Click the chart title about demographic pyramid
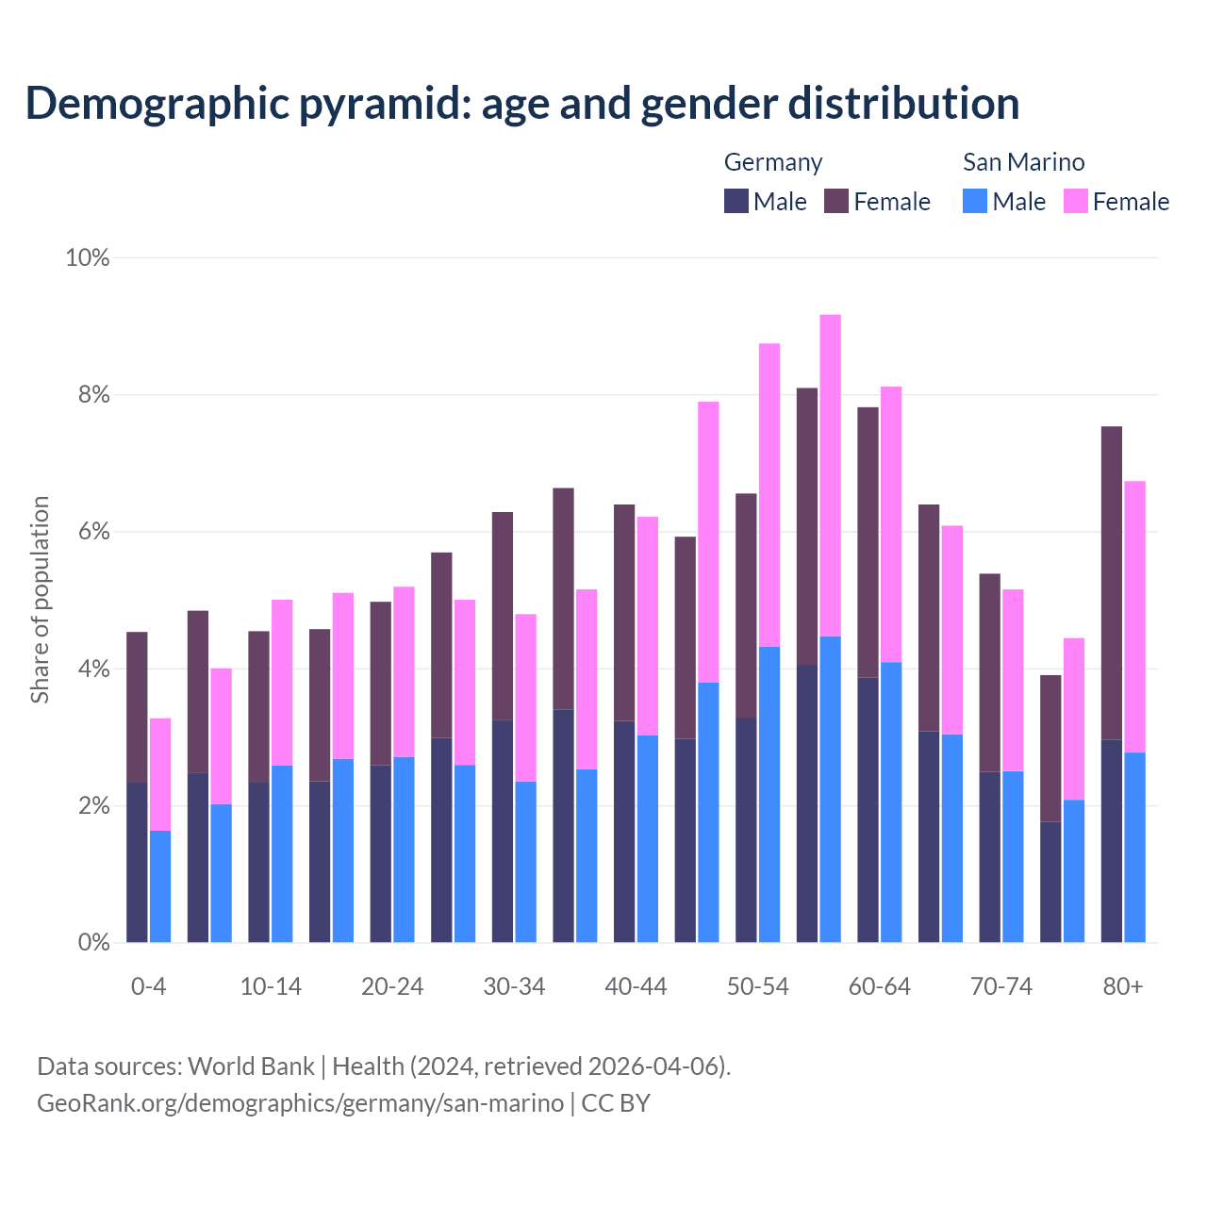[x=522, y=104]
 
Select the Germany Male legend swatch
[x=736, y=201]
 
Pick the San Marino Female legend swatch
[x=1076, y=201]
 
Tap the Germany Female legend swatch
[x=836, y=201]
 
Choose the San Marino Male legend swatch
[x=975, y=201]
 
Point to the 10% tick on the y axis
[x=88, y=257]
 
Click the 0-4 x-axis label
[x=148, y=986]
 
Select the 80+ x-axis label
[x=1123, y=986]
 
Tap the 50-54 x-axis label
[x=757, y=986]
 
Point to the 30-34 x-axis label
[x=514, y=986]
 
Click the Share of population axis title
[x=40, y=600]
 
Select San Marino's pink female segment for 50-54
[x=769, y=495]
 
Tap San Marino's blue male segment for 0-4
[x=160, y=886]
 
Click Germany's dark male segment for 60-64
[x=868, y=810]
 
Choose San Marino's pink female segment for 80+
[x=1135, y=617]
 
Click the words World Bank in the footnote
[x=251, y=1066]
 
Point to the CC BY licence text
[x=616, y=1103]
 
